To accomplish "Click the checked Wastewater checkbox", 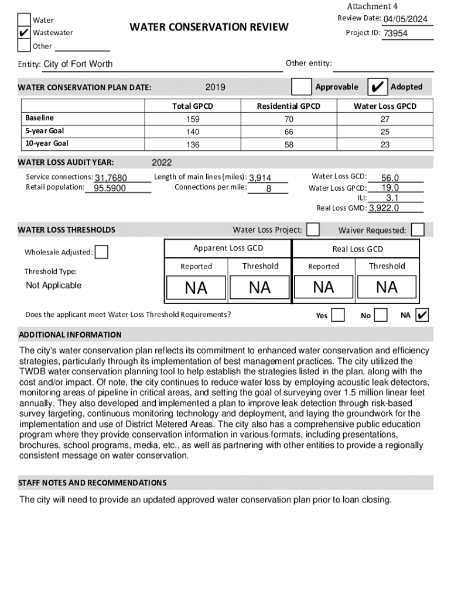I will tap(23, 33).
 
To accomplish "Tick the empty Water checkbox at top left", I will tap(23, 20).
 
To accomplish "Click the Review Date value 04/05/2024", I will tap(405, 19).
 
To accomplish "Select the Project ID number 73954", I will tap(396, 33).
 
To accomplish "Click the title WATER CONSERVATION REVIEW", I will tap(209, 27).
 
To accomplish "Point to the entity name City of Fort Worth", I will tap(78, 64).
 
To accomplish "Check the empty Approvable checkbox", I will tap(302, 87).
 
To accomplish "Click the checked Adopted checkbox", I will tap(378, 87).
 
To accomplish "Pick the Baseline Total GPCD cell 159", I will tap(192, 119).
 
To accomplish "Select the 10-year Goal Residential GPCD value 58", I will tap(289, 144).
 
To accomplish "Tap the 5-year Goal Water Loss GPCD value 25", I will tap(385, 132).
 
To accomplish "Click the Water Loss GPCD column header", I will tap(385, 106).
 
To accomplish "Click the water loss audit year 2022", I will tap(162, 163).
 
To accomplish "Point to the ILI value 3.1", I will tap(392, 198).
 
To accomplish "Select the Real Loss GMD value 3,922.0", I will tap(384, 208).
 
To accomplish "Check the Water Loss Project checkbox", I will tap(313, 229).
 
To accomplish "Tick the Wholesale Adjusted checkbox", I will tap(101, 252).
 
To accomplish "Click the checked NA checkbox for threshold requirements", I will tap(422, 315).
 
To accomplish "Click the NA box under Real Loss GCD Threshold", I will tap(387, 287).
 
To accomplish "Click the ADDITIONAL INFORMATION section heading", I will tap(70, 335).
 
